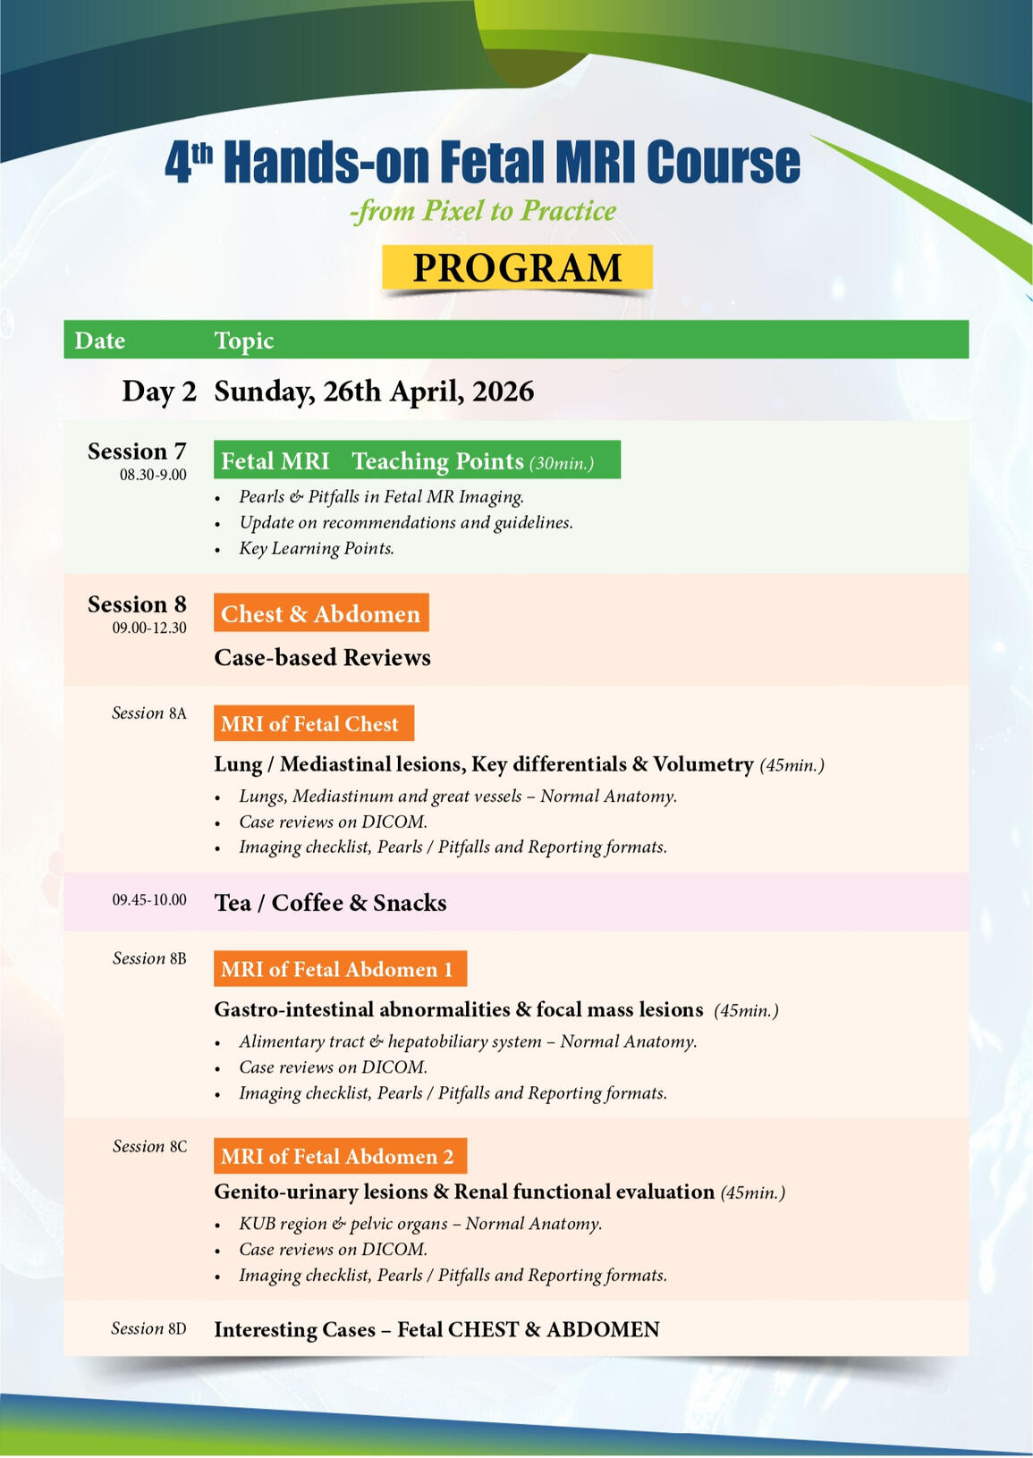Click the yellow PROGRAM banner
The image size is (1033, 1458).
tap(517, 268)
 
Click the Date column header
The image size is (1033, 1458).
tap(99, 341)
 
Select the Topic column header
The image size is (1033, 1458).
tap(243, 341)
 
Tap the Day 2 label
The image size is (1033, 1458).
tap(158, 392)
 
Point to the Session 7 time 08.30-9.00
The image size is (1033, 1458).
tap(153, 475)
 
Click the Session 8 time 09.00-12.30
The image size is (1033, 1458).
tap(149, 628)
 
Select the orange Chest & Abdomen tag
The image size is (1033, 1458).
tap(320, 613)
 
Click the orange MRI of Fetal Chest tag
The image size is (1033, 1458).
tap(313, 723)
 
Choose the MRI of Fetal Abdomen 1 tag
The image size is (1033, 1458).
tap(340, 969)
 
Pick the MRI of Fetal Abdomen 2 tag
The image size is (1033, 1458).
tap(340, 1156)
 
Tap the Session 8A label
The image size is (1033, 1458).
tap(148, 712)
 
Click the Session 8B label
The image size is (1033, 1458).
tap(149, 958)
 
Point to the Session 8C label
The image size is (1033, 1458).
tap(149, 1146)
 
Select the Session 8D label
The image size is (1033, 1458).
tap(148, 1328)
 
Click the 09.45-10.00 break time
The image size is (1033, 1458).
tap(149, 899)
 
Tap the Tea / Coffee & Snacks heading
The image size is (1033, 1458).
tap(330, 903)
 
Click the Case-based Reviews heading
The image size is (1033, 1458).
tap(322, 657)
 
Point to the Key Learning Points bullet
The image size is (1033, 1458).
tap(316, 548)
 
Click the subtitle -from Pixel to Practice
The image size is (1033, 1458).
tap(483, 211)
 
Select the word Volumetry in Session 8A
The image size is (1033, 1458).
tap(703, 764)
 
